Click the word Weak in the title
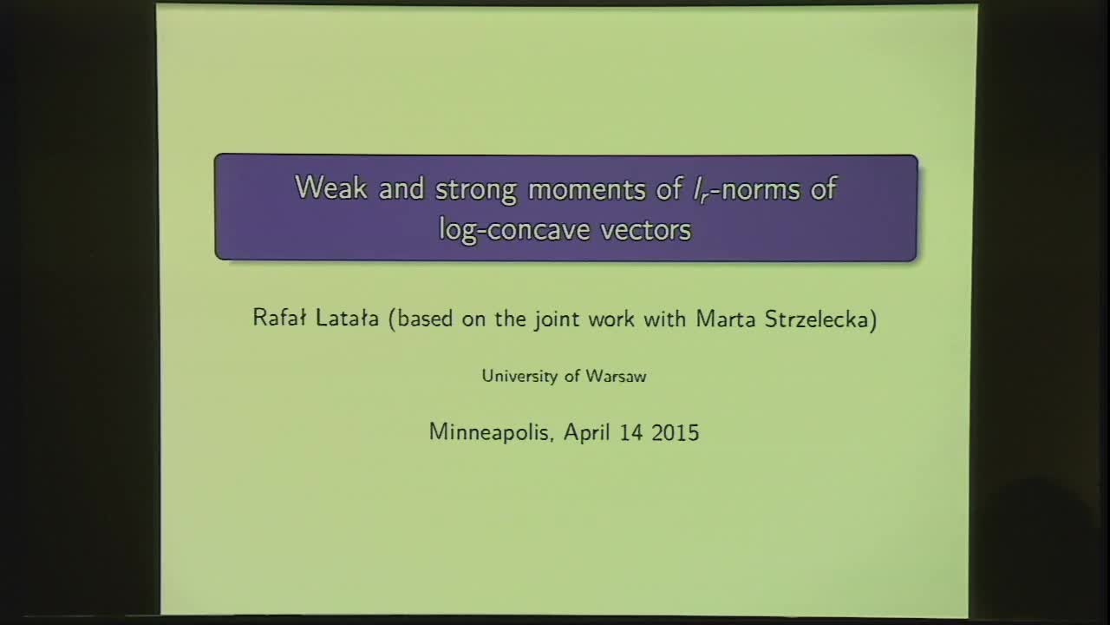(331, 188)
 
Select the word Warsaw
(616, 376)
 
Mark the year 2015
(677, 432)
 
